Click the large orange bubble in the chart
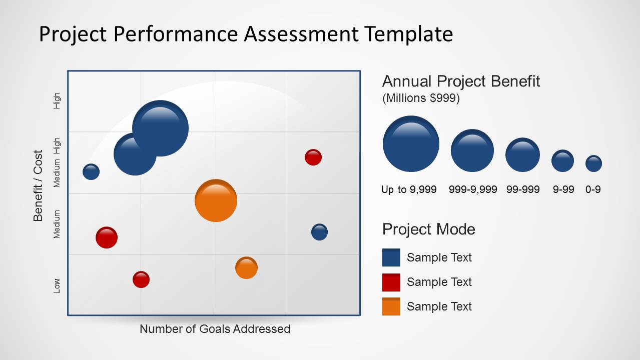click(x=216, y=200)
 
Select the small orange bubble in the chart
click(x=247, y=268)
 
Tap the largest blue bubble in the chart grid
click(x=160, y=128)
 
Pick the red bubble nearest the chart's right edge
click(x=313, y=157)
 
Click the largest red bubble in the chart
click(x=107, y=237)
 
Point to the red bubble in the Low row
click(x=141, y=279)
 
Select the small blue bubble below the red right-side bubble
click(x=319, y=232)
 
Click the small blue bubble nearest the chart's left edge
click(x=91, y=172)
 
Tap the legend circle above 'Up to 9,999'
click(x=411, y=143)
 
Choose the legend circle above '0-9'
click(x=594, y=163)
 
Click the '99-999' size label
click(x=523, y=189)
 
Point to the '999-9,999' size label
click(x=473, y=189)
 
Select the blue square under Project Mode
click(x=391, y=257)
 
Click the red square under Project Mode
click(x=391, y=282)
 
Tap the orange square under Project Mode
click(x=391, y=306)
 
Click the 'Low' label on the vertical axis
click(x=57, y=286)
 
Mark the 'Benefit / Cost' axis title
click(x=38, y=186)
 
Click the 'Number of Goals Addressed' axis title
click(x=215, y=329)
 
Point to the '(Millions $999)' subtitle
click(x=421, y=98)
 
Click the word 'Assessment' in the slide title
click(x=301, y=34)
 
